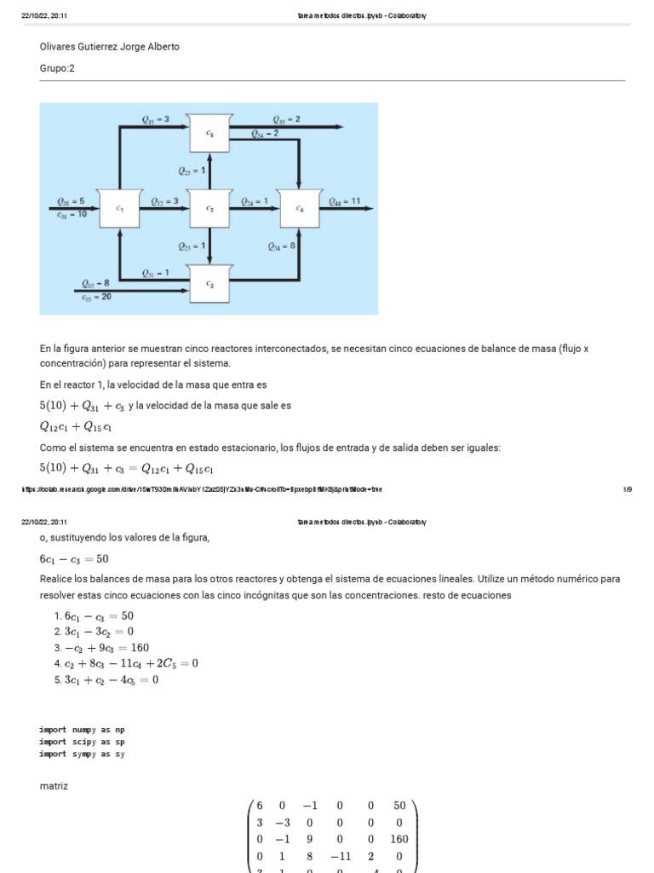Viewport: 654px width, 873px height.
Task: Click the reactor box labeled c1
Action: [119, 208]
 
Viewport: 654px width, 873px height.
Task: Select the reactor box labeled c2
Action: [209, 208]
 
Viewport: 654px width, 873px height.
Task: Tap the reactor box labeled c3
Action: [209, 283]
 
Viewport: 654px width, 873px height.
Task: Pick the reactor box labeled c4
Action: [300, 208]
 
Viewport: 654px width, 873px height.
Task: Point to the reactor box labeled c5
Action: [209, 133]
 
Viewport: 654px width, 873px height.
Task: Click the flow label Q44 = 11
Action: [345, 201]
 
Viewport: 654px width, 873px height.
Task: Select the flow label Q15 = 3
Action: [156, 120]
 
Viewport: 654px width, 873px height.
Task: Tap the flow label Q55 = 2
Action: [286, 120]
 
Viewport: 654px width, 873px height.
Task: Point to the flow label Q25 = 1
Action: [192, 171]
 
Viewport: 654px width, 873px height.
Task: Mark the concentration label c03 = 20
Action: [95, 297]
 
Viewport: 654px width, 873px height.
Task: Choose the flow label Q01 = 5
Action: [71, 201]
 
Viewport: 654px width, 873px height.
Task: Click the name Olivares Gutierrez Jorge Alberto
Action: [110, 47]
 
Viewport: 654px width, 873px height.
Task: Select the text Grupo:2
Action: [57, 67]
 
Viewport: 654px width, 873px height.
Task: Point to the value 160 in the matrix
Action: [399, 838]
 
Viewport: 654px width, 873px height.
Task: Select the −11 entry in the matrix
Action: [338, 856]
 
